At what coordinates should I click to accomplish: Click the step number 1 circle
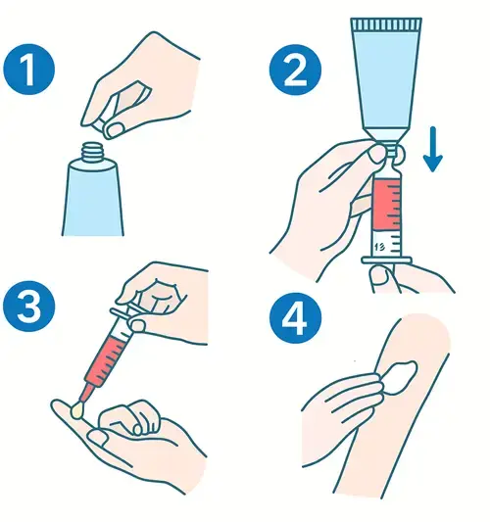(x=29, y=70)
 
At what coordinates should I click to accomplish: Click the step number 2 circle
(x=295, y=70)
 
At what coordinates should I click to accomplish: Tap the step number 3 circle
(x=29, y=307)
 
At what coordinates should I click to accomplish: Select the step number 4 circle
(x=295, y=317)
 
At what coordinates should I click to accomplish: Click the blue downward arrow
(x=433, y=149)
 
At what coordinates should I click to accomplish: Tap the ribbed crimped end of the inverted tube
(x=386, y=24)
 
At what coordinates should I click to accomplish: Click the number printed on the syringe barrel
(x=379, y=247)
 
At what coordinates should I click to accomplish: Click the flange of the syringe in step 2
(x=387, y=260)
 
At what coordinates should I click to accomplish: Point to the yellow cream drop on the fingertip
(x=77, y=410)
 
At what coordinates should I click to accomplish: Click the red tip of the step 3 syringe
(x=85, y=393)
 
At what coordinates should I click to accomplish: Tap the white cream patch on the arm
(x=401, y=376)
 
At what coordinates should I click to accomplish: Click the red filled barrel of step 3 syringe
(x=106, y=360)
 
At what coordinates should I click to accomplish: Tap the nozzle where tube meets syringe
(x=390, y=153)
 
